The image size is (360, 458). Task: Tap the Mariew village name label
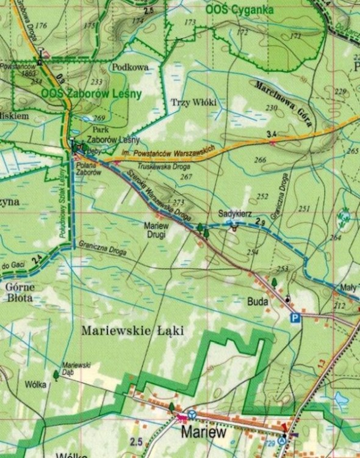click(204, 432)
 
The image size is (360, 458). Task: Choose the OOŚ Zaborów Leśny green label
click(92, 93)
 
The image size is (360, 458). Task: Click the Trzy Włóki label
click(194, 102)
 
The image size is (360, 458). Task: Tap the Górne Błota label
click(20, 293)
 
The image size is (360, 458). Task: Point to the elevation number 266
click(261, 160)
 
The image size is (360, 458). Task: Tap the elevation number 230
click(272, 107)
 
